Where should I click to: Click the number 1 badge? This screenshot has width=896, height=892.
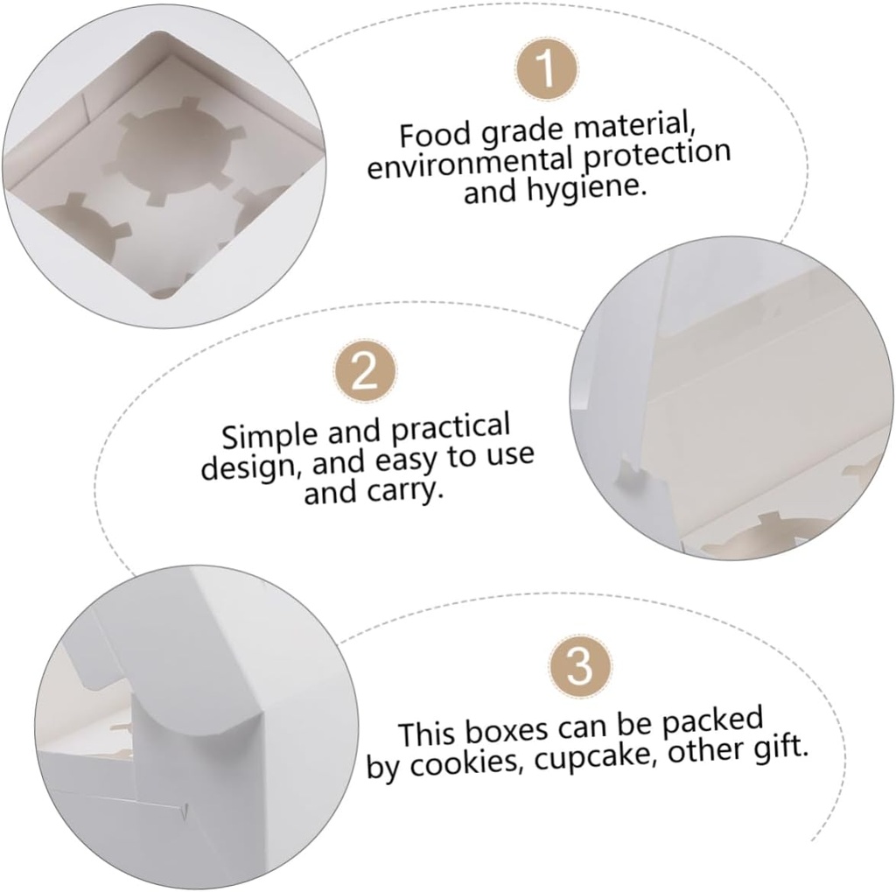pos(547,69)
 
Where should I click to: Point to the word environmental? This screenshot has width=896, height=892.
pos(467,164)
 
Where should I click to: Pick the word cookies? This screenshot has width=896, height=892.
pos(447,763)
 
